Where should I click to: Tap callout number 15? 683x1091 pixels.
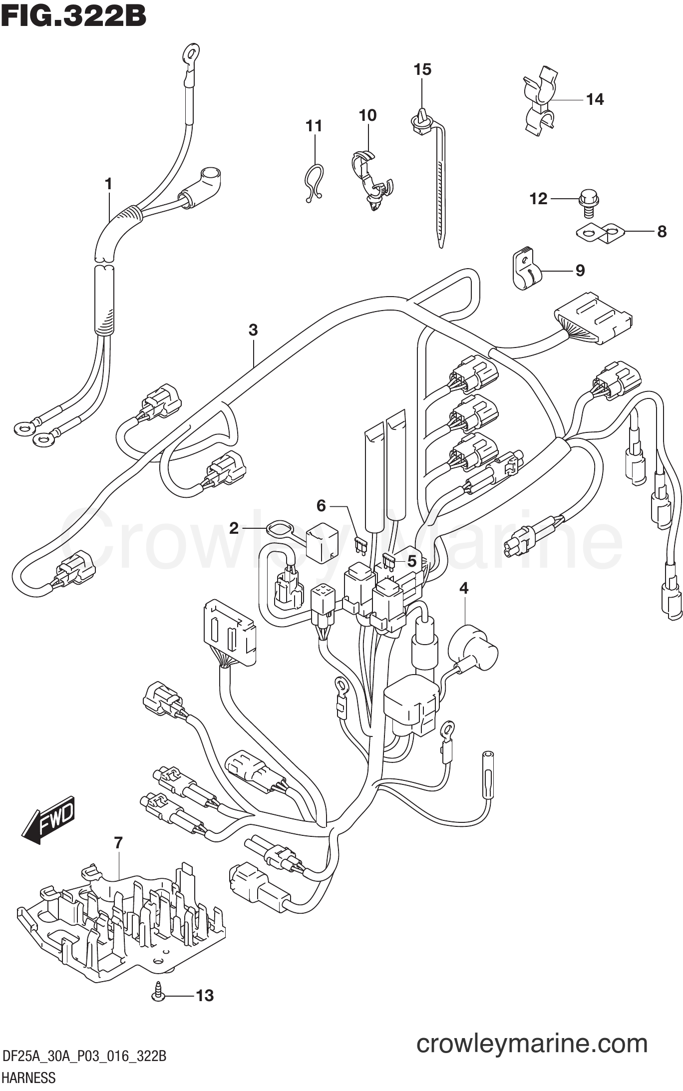click(x=422, y=69)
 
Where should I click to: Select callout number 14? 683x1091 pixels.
click(x=595, y=99)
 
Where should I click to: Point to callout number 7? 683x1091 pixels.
click(x=118, y=843)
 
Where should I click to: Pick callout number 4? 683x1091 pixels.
click(x=464, y=588)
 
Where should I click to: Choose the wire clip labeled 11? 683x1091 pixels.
click(x=314, y=183)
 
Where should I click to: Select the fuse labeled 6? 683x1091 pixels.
click(x=360, y=545)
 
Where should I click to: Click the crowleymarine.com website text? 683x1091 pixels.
click(x=532, y=1043)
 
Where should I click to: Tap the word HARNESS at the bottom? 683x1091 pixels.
click(x=29, y=1078)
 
